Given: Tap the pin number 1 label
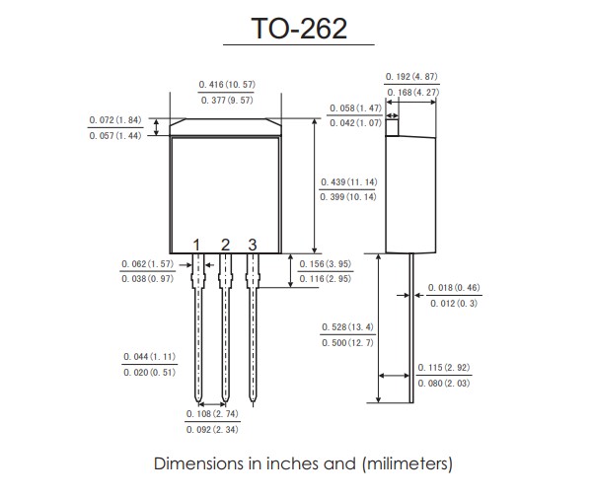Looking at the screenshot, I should [x=197, y=245].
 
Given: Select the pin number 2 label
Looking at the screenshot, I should [x=225, y=245].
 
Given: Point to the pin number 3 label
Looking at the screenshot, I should [x=253, y=245].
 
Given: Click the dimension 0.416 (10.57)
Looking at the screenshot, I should [x=227, y=86].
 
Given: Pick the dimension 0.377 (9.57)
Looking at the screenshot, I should [x=227, y=101].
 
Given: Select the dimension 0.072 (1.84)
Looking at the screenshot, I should [x=115, y=119].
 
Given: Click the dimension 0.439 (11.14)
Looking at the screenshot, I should [x=349, y=182].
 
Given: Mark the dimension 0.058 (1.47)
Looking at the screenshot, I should [x=354, y=107].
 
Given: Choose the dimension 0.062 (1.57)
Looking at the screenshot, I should [x=147, y=264].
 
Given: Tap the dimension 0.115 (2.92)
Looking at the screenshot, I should [x=443, y=367].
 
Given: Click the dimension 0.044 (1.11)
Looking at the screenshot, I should [x=149, y=356].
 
